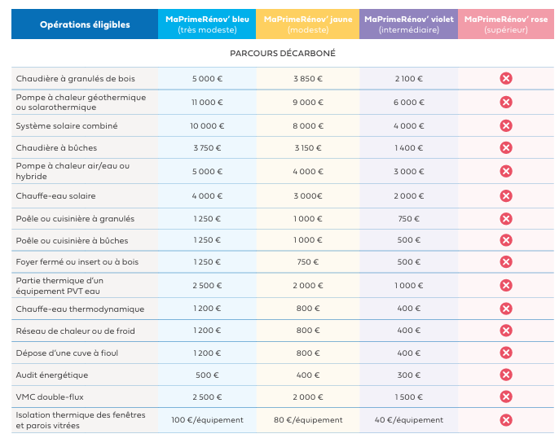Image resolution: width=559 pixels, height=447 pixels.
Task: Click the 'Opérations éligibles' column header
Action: [85, 24]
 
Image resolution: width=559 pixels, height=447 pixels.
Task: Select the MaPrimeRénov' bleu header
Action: [207, 24]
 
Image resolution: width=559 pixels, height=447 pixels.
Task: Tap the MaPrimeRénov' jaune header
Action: [308, 24]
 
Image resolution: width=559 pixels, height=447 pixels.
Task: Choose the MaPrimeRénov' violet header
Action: [409, 24]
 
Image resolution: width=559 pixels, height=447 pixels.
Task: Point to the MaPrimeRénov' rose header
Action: [506, 24]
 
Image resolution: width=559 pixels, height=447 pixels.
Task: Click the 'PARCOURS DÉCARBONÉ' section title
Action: [283, 54]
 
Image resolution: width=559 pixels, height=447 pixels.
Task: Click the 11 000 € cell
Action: [207, 103]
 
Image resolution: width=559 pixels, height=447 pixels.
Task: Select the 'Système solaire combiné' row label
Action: [67, 125]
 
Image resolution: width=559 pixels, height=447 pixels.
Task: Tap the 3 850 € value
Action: [308, 79]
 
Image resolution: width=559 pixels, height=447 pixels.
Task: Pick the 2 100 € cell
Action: [409, 79]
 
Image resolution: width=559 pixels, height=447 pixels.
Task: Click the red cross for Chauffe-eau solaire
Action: [506, 196]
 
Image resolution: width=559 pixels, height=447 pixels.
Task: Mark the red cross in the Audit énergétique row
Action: [506, 375]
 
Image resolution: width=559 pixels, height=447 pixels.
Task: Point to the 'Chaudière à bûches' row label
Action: [56, 148]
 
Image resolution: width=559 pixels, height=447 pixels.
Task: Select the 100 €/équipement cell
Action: [207, 420]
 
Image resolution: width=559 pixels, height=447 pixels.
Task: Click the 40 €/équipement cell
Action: [409, 420]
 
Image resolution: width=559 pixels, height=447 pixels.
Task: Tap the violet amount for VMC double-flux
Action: [409, 397]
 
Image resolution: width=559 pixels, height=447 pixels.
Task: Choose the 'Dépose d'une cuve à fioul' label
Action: [67, 353]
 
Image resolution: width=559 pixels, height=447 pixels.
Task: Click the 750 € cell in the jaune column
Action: [308, 262]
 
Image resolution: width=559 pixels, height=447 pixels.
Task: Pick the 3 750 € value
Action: [207, 148]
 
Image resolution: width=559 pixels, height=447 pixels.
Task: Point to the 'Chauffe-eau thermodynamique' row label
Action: [80, 309]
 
